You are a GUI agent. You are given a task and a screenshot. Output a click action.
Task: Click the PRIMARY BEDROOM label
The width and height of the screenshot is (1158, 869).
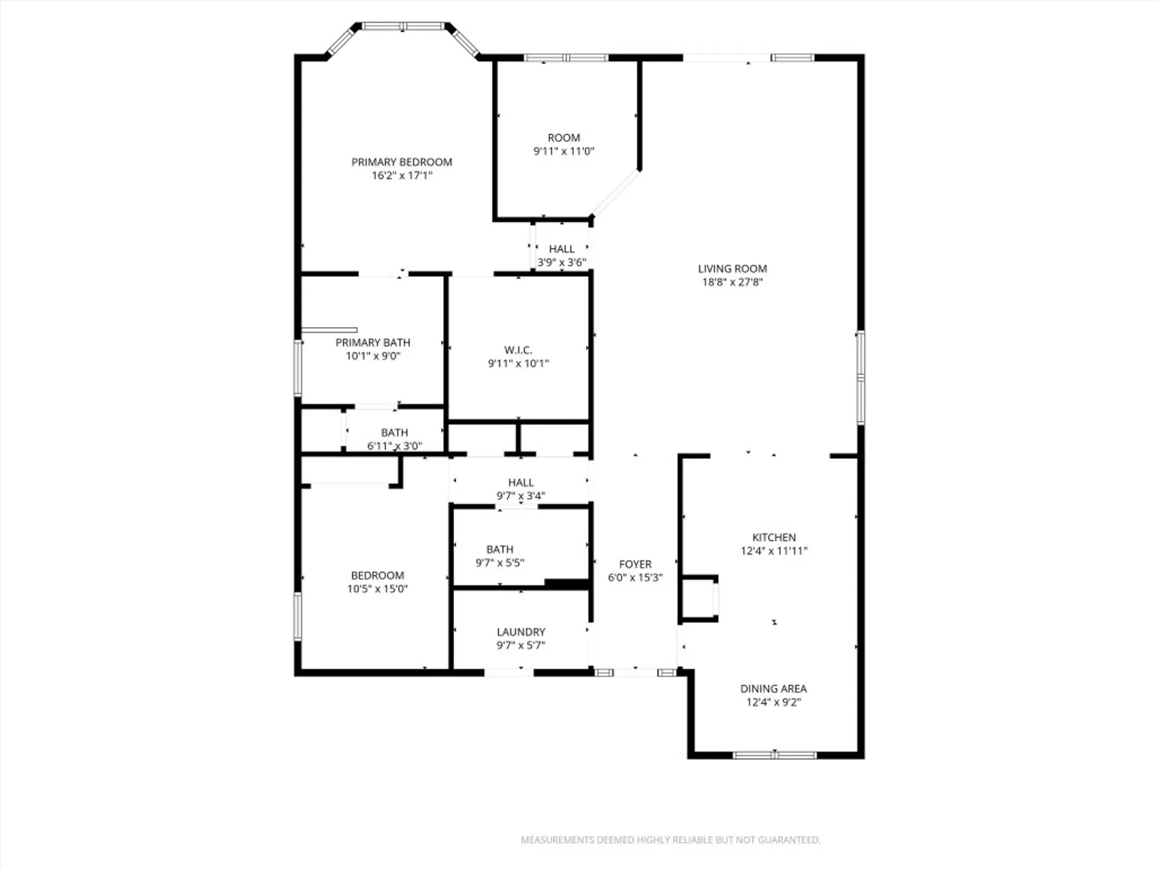click(401, 162)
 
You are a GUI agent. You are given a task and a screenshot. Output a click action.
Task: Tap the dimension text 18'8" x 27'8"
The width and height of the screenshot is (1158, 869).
click(732, 282)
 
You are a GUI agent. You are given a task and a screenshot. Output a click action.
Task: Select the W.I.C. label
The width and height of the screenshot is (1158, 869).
click(518, 350)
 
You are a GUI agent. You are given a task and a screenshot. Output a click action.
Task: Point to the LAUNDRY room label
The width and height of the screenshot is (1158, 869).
click(521, 632)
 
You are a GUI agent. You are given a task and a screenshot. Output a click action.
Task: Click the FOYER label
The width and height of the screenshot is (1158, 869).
click(635, 564)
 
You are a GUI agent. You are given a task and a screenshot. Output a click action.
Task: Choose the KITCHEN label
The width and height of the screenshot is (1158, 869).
click(774, 537)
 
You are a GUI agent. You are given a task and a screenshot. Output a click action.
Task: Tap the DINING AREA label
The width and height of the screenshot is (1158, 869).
click(773, 688)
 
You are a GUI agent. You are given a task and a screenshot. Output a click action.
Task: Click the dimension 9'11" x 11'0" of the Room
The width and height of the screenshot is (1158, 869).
click(563, 151)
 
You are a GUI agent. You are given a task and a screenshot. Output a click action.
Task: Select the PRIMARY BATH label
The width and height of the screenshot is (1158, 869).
click(372, 342)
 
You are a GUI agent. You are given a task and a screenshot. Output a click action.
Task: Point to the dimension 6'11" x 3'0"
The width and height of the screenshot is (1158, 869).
click(394, 446)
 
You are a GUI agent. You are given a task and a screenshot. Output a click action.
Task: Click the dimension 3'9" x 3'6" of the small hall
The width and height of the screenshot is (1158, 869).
click(562, 262)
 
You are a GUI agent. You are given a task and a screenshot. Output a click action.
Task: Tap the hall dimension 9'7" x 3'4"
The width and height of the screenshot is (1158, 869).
click(521, 496)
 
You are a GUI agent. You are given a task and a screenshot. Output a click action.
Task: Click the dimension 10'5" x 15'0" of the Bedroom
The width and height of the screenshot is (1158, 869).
click(377, 589)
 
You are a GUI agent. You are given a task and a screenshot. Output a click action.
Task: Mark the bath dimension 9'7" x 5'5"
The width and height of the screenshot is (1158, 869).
click(500, 563)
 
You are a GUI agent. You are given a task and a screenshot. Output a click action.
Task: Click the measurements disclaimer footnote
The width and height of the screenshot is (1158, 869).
click(670, 839)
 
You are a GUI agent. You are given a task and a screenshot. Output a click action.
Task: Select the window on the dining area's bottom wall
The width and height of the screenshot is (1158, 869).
click(774, 755)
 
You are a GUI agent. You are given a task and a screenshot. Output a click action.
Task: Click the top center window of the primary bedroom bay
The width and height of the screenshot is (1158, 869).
click(403, 26)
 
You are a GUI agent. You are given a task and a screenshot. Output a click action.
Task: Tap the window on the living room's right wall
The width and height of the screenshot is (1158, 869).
click(860, 377)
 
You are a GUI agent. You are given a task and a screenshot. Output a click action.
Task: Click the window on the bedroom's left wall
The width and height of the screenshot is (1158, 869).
click(298, 616)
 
